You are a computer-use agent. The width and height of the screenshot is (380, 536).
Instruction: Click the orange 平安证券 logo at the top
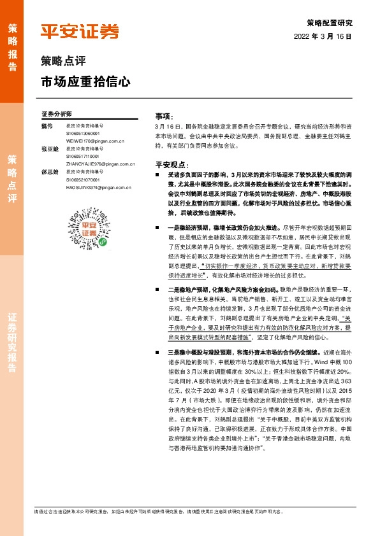(x=80, y=31)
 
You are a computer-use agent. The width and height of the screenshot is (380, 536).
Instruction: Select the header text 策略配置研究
(x=329, y=22)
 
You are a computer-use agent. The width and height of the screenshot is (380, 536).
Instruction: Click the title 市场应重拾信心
(x=85, y=82)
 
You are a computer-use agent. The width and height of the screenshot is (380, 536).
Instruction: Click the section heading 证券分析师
(x=56, y=113)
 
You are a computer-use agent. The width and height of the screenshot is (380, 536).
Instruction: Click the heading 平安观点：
(x=171, y=164)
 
